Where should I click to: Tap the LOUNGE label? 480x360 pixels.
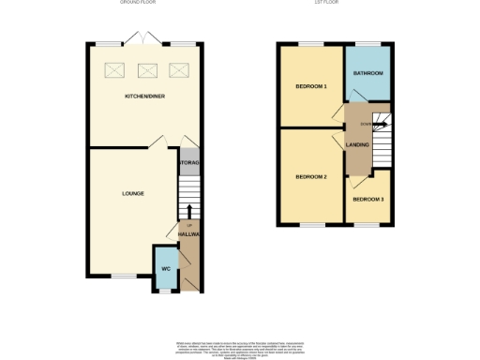pos(132,194)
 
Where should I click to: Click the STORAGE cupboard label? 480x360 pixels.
pos(188,161)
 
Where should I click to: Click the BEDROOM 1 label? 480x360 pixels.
pos(311,86)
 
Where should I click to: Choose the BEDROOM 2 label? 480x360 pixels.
pos(310,176)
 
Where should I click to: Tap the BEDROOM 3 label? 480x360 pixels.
pos(367,200)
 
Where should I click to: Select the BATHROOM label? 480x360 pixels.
pos(367,72)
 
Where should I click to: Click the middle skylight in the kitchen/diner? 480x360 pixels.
pos(147,69)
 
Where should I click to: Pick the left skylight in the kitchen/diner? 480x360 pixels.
pos(116,69)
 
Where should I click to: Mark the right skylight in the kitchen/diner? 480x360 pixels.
pos(178,69)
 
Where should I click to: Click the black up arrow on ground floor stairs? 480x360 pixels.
pos(189,213)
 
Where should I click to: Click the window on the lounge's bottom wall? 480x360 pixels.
pos(123,275)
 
